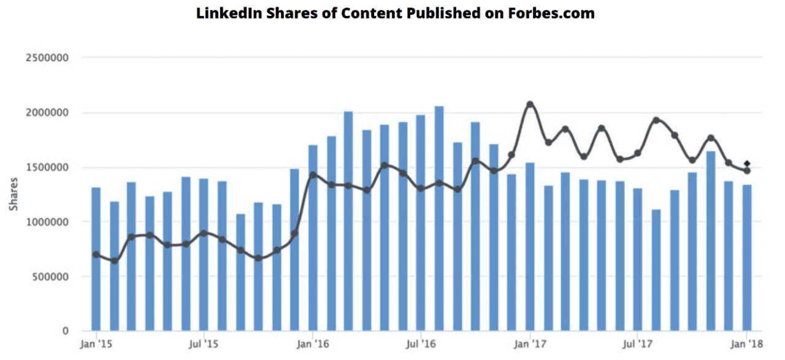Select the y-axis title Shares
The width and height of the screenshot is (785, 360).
click(13, 194)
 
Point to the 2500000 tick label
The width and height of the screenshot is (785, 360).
click(46, 58)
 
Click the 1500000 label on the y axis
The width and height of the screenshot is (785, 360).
click(46, 167)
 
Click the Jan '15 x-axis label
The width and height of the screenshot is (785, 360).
click(96, 345)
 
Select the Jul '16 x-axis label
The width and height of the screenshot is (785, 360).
click(421, 345)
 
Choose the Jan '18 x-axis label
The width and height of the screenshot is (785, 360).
click(746, 345)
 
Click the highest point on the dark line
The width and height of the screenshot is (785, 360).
click(530, 104)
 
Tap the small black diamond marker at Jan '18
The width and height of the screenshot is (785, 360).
click(746, 163)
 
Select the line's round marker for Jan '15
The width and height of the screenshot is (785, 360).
click(96, 255)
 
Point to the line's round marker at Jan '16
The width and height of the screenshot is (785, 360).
click(313, 175)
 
